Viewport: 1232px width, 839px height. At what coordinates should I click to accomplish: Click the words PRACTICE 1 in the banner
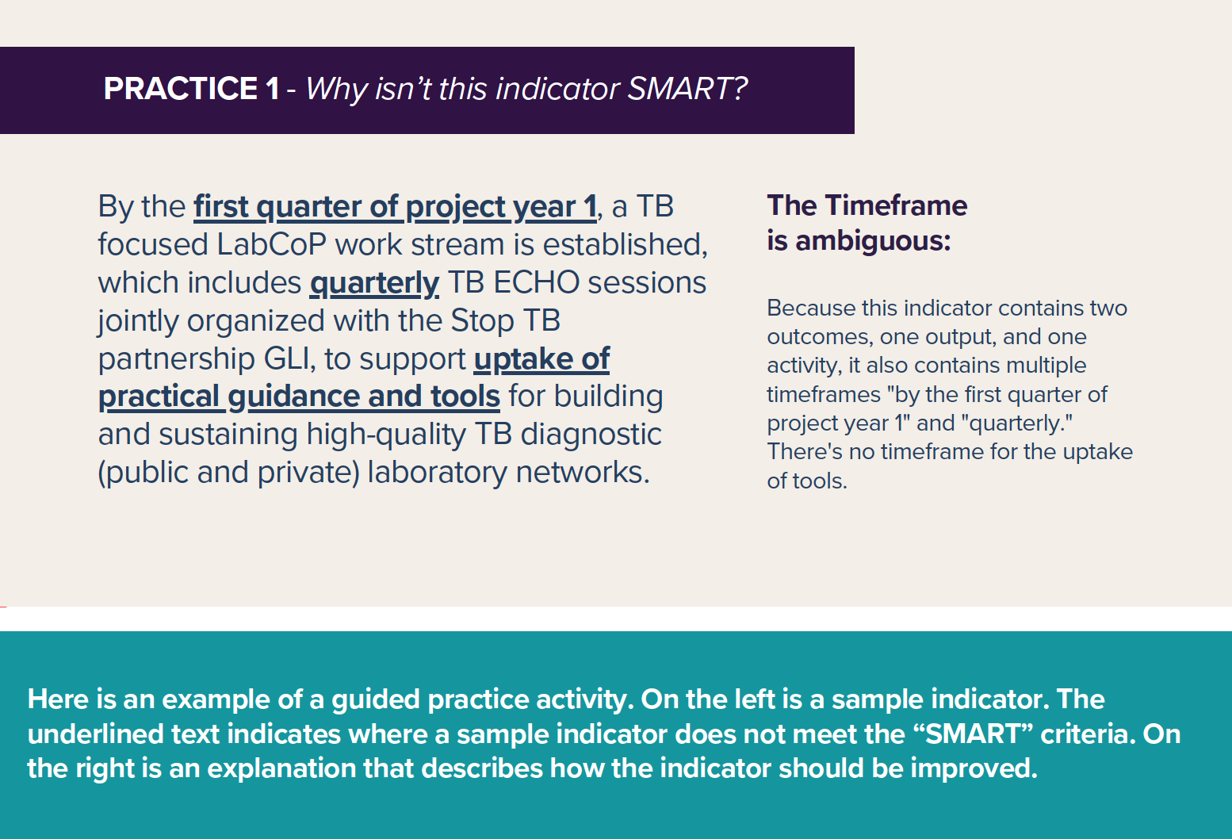(x=191, y=89)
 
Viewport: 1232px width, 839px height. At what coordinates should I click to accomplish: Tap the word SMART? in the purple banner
(x=687, y=89)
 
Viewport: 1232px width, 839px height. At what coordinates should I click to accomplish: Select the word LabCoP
(x=272, y=244)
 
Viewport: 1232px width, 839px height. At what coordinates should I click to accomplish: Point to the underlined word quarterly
(x=374, y=284)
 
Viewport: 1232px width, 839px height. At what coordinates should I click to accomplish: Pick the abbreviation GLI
(x=289, y=358)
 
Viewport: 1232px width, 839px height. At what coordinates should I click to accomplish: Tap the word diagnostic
(x=591, y=435)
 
